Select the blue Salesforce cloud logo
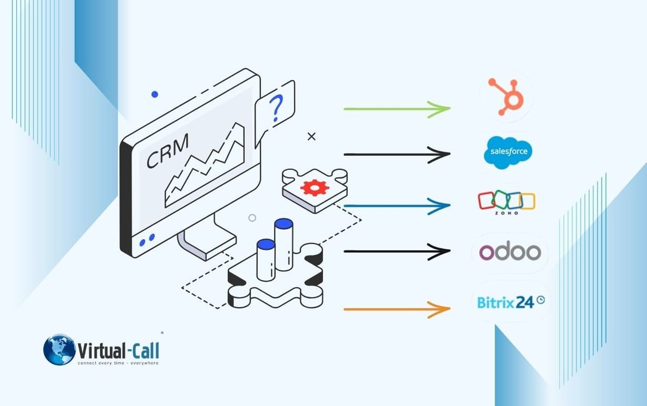click(508, 152)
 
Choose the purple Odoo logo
click(510, 252)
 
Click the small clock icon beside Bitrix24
click(540, 300)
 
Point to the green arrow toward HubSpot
click(397, 109)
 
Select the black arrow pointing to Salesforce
click(397, 154)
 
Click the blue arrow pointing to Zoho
click(397, 205)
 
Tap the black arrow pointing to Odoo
click(397, 252)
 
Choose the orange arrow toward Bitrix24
click(397, 309)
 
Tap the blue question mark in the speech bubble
click(276, 109)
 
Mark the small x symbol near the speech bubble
click(312, 136)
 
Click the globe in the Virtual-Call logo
click(59, 349)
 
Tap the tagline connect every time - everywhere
click(117, 362)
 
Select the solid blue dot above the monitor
click(154, 94)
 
